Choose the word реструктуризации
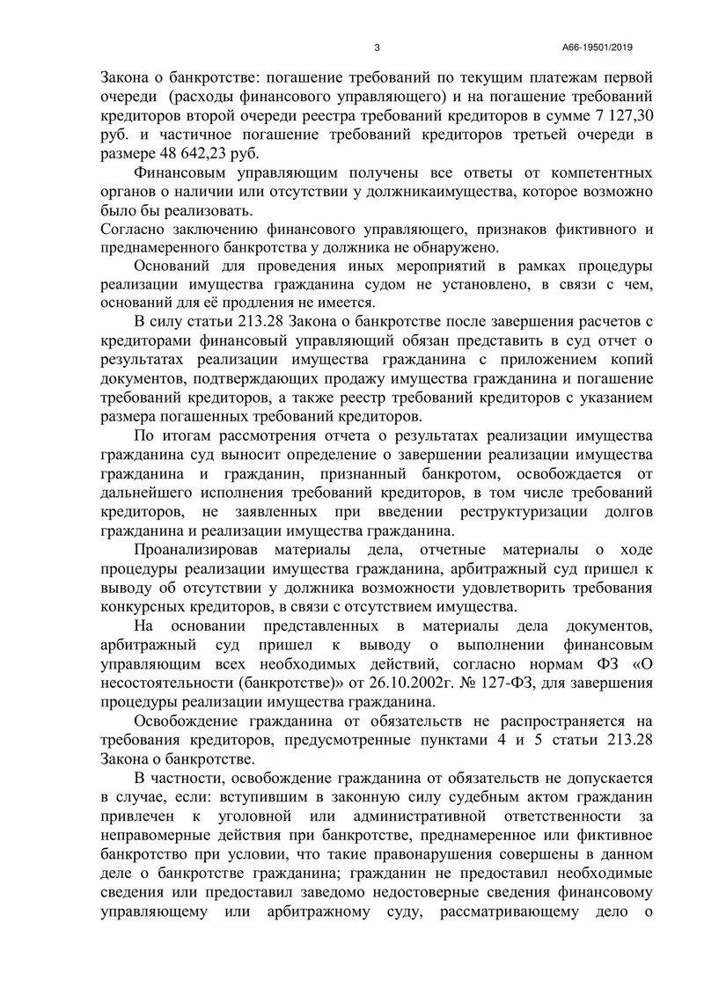click(x=482, y=513)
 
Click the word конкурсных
click(x=143, y=608)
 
